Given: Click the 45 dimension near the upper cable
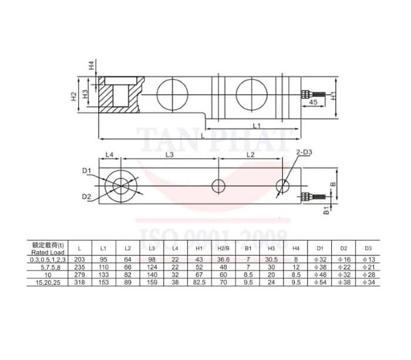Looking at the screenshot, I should pos(313,102).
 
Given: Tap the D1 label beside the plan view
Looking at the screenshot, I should pos(86,171).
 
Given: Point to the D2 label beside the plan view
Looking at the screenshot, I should pos(86,196).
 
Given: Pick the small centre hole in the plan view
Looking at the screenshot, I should pos(219,186).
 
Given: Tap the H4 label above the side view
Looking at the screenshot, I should pos(91,66).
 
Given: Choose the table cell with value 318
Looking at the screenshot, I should pos(80,283).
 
